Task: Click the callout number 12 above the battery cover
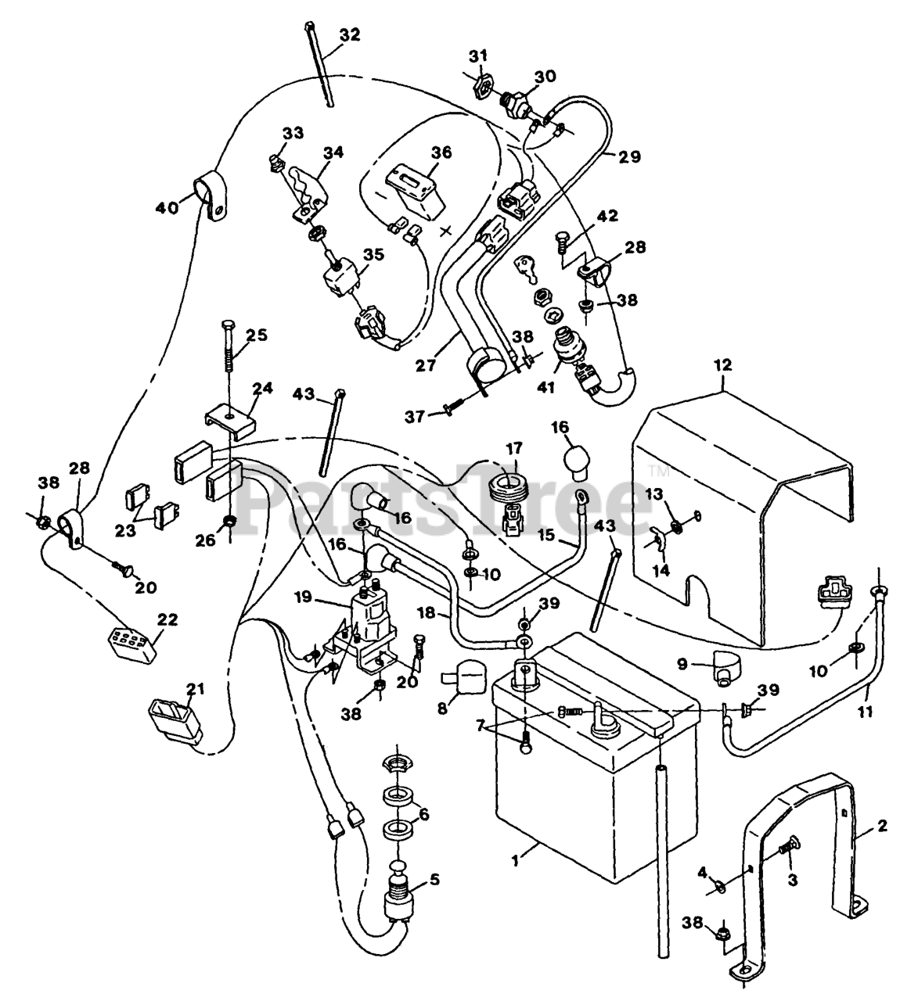click(723, 366)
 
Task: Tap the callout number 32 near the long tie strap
click(350, 35)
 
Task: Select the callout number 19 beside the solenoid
click(303, 597)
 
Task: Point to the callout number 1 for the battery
click(515, 861)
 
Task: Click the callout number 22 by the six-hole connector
click(166, 619)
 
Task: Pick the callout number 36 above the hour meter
click(441, 152)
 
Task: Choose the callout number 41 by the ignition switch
click(545, 388)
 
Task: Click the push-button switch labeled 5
click(400, 899)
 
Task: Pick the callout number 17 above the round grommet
click(513, 449)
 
